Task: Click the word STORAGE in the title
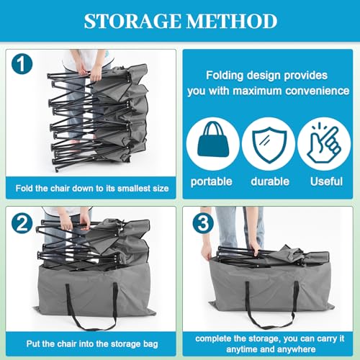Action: click(132, 21)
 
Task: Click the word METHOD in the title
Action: click(232, 21)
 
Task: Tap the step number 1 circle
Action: click(22, 64)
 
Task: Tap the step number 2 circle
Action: click(22, 223)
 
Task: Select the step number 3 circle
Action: click(203, 223)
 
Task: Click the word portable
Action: click(211, 181)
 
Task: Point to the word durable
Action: click(270, 181)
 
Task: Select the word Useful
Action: click(326, 181)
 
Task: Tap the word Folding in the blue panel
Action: click(225, 76)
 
